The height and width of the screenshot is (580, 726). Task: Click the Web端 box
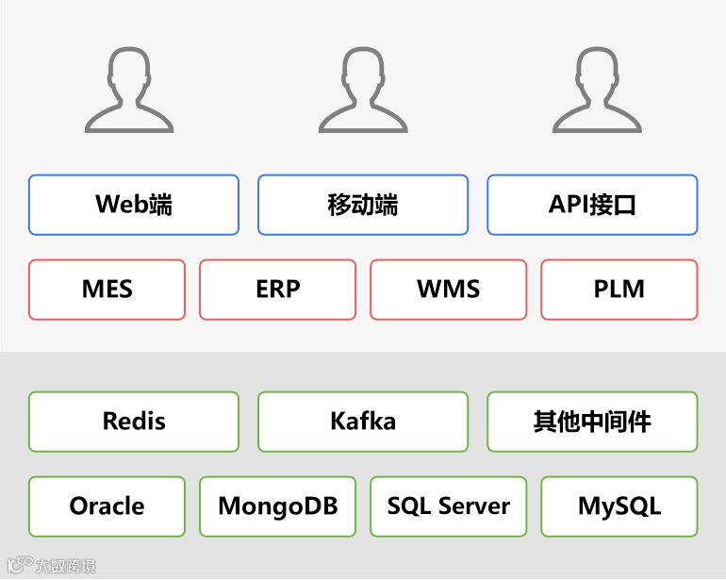(x=134, y=205)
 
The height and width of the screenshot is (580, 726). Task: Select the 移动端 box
(x=363, y=205)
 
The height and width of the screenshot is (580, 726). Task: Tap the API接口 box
(x=592, y=205)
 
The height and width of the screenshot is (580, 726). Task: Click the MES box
(x=107, y=290)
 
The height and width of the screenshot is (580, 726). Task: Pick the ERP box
(x=277, y=290)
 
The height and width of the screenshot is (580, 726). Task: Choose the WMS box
(x=448, y=290)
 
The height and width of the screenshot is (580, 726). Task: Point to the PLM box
(x=619, y=290)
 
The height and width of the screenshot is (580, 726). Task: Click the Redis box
(x=134, y=422)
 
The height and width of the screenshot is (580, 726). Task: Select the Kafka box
(x=363, y=422)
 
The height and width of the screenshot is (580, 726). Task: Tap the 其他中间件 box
(x=592, y=422)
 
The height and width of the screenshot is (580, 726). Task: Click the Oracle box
(x=107, y=506)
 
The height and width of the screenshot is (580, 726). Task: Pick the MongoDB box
(x=277, y=506)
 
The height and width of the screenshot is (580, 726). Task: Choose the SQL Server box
(x=448, y=506)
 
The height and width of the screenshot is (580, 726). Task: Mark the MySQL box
(x=619, y=506)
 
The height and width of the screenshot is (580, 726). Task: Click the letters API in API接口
(x=567, y=205)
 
